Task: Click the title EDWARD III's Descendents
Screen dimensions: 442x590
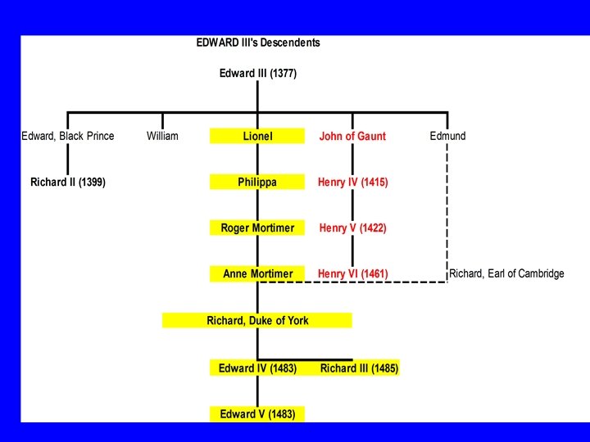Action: click(258, 43)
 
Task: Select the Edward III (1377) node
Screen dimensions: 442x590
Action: click(258, 74)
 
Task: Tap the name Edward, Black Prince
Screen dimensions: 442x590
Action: click(68, 136)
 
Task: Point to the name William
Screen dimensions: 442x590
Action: click(162, 136)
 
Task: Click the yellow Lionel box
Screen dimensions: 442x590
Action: click(257, 136)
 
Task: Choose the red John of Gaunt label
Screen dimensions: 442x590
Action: click(352, 137)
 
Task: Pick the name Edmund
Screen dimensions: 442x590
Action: click(447, 136)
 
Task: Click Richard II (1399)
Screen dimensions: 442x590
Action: click(68, 182)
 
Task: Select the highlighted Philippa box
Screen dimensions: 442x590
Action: click(257, 182)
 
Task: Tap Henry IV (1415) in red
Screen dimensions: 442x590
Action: click(352, 183)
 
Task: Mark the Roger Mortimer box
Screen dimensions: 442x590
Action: click(257, 228)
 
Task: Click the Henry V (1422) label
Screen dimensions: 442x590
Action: click(352, 228)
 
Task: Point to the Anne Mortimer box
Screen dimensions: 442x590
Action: click(257, 273)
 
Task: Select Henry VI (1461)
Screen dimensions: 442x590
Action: click(352, 273)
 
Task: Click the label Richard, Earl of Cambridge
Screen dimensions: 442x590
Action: click(507, 273)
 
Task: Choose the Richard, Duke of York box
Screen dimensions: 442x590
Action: click(257, 320)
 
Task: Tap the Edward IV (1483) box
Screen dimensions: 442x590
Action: click(257, 368)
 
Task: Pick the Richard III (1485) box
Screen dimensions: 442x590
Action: click(359, 368)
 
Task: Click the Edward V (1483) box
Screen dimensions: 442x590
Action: click(257, 413)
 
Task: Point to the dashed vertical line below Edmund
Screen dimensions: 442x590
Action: click(447, 205)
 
